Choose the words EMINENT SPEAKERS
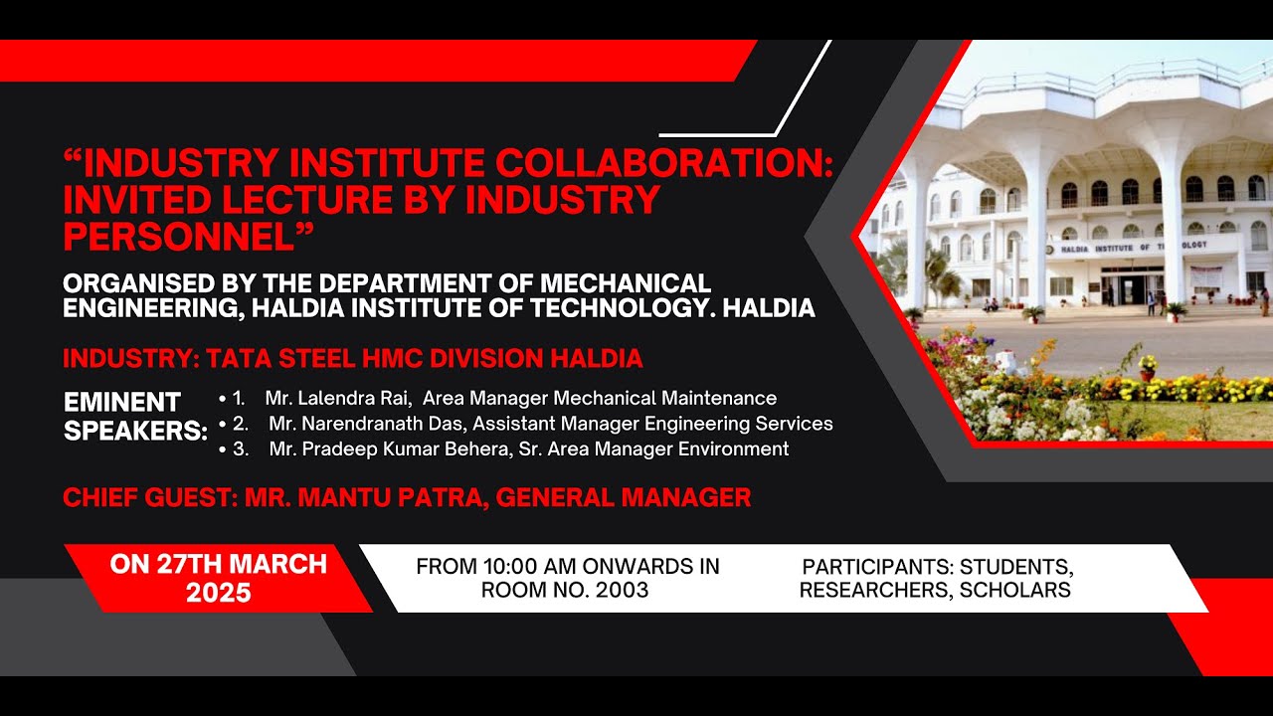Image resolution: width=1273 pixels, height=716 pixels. (x=135, y=417)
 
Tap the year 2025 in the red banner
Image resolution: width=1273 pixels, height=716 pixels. (x=218, y=594)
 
